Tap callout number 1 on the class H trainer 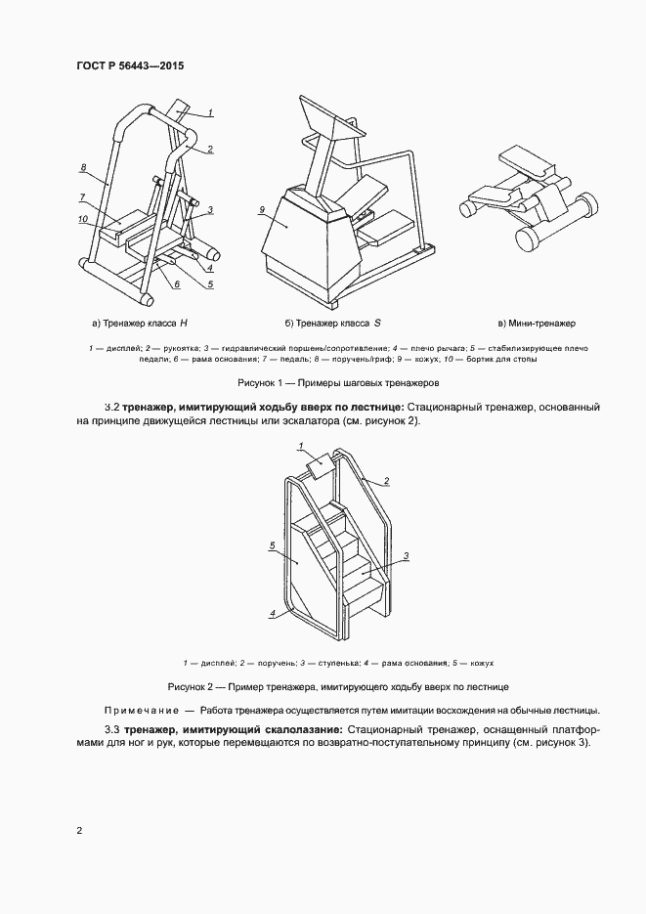(x=210, y=113)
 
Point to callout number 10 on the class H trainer (x=83, y=217)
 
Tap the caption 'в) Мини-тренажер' (x=537, y=322)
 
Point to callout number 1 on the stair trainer (x=302, y=446)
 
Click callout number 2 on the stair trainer (x=386, y=481)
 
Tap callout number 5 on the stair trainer (x=272, y=547)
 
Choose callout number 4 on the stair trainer (x=275, y=613)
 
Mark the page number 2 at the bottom (x=79, y=831)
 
